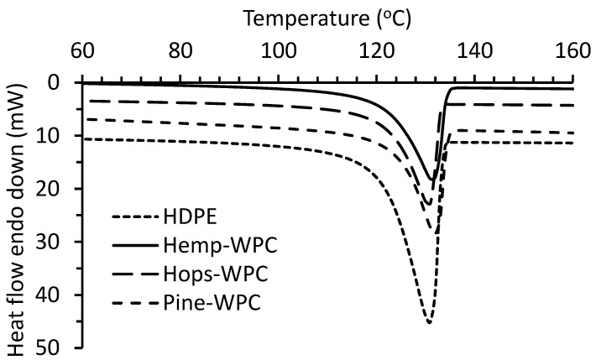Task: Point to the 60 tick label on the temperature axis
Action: point(81,51)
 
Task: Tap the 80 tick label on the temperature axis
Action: point(179,51)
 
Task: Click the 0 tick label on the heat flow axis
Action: point(54,83)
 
